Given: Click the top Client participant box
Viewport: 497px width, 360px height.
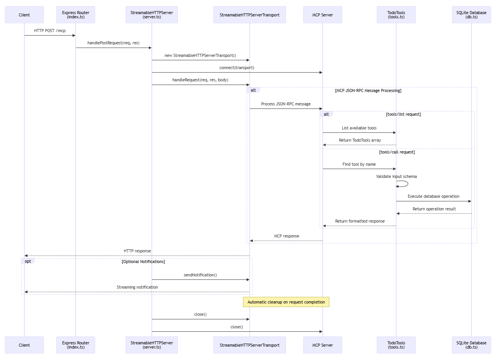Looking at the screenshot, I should click(24, 15).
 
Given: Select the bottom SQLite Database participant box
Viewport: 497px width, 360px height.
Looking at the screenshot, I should click(471, 345).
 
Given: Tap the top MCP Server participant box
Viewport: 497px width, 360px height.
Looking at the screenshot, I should click(323, 15).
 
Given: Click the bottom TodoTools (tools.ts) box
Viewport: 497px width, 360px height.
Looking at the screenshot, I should click(396, 345).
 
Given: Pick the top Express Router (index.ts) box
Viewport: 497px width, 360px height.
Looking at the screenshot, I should click(76, 15).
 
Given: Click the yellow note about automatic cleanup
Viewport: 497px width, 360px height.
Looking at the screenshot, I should click(286, 302).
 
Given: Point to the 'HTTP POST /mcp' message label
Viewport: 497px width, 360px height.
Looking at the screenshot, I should click(50, 31).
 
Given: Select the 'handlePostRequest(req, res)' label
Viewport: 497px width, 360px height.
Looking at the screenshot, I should click(113, 43).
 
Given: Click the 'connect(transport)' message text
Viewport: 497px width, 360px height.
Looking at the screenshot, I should click(237, 68).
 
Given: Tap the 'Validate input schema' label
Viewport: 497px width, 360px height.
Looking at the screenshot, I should click(396, 176).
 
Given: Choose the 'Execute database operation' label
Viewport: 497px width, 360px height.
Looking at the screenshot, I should click(433, 196).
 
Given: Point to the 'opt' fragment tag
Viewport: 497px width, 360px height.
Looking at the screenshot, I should click(28, 261).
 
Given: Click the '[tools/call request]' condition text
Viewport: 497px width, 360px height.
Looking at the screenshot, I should click(397, 152).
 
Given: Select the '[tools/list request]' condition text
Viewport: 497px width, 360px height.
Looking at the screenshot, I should click(403, 114).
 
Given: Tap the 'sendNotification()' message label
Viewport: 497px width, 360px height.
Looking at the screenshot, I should click(200, 275).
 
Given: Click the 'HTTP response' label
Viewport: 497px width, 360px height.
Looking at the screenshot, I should click(137, 251).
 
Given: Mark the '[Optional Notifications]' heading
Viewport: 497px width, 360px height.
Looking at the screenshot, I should click(144, 262).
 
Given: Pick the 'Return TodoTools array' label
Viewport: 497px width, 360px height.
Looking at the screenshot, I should click(360, 140).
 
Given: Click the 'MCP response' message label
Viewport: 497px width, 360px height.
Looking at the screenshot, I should click(286, 236).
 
